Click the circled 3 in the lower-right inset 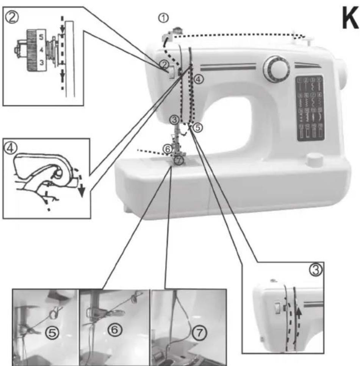[x=315, y=269]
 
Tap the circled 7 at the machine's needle [x=179, y=160]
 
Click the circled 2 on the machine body [x=163, y=64]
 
